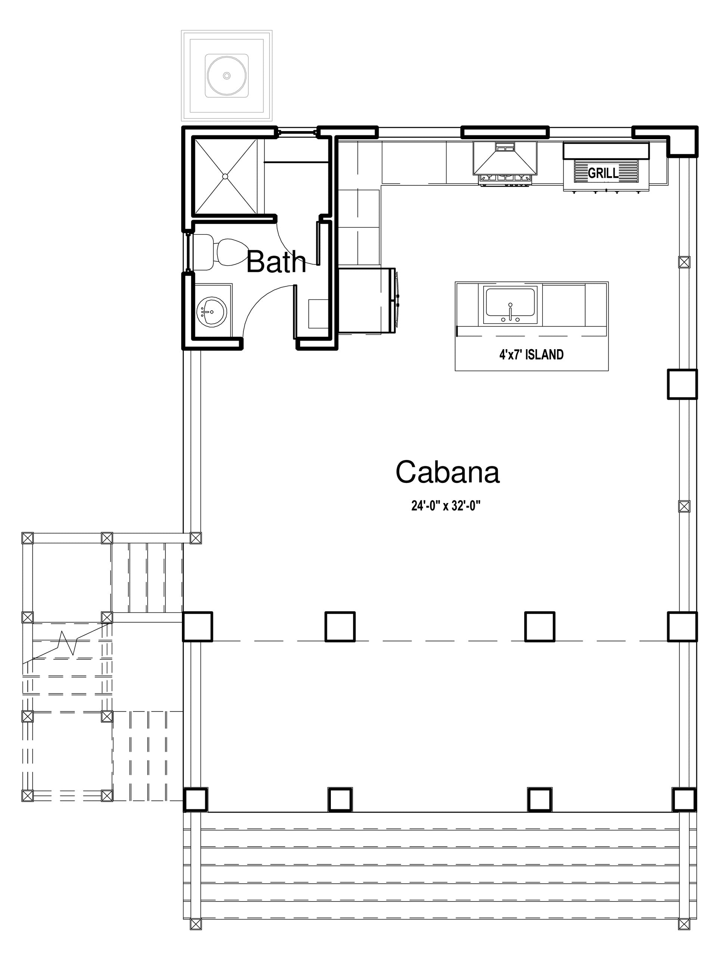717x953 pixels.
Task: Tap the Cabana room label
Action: coord(447,472)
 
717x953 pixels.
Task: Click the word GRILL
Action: coord(603,173)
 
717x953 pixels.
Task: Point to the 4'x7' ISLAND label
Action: coord(531,355)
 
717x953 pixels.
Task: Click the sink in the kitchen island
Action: coord(510,305)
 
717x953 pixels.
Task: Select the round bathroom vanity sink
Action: coord(211,311)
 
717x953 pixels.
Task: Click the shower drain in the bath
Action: coord(225,176)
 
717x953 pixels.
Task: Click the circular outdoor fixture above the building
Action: coord(227,75)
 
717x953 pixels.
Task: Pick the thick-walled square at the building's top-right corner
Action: coord(682,141)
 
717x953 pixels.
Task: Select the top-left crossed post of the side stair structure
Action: coord(27,538)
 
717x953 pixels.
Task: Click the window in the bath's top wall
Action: coord(297,132)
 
